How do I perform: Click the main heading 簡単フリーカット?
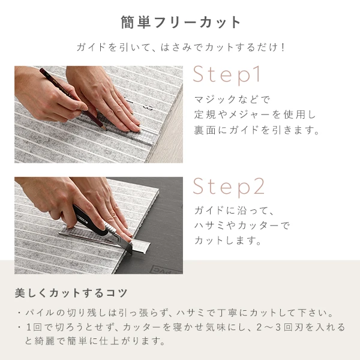[180, 23]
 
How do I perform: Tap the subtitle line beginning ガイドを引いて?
[180, 47]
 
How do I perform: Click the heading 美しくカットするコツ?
[71, 293]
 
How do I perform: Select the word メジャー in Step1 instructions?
[253, 115]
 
